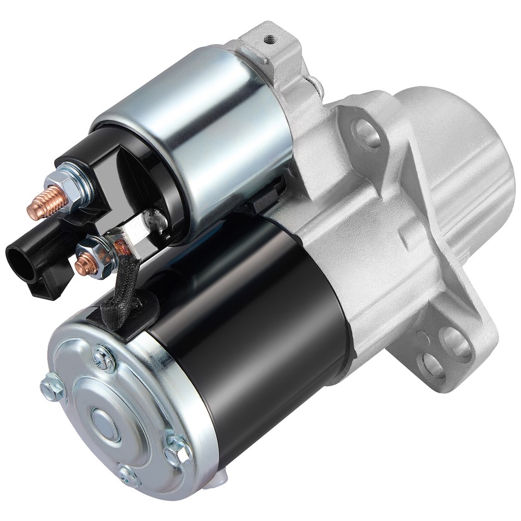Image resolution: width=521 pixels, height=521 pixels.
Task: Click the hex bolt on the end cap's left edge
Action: point(53,387)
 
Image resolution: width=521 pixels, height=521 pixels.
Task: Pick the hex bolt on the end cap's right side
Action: point(177,449)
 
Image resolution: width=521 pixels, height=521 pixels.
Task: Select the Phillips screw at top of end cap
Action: point(101,356)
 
